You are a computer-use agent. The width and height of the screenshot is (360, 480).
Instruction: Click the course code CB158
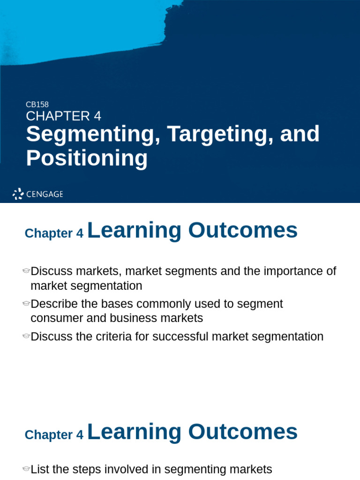[x=37, y=105]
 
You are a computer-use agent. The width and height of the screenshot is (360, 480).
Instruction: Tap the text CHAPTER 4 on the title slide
[x=63, y=116]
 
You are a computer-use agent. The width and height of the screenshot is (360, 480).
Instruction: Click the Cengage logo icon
[x=18, y=194]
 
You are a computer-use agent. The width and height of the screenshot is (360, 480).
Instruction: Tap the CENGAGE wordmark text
[x=45, y=194]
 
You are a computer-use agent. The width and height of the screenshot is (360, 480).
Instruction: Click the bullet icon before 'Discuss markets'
[x=26, y=271]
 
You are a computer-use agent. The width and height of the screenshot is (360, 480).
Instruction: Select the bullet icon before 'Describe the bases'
[x=26, y=304]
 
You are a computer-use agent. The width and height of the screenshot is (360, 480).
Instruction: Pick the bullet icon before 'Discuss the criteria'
[x=26, y=337]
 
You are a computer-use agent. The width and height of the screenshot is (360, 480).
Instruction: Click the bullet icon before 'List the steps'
[x=26, y=469]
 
